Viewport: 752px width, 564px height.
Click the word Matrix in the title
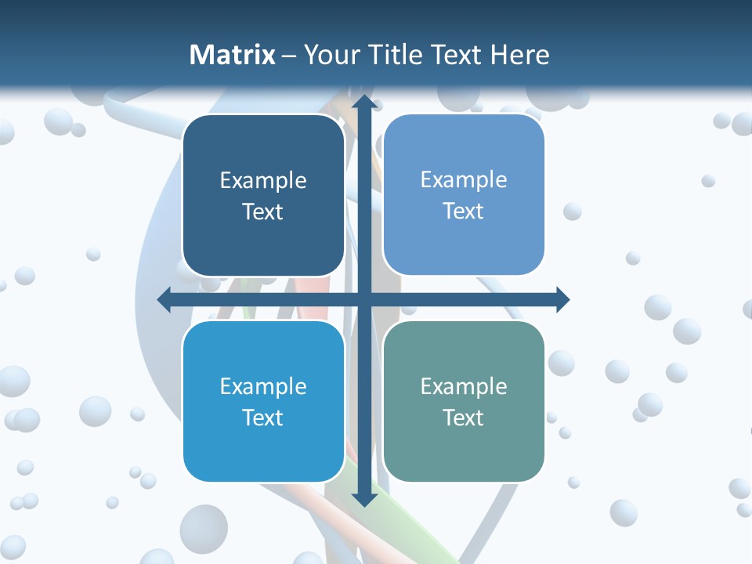(233, 55)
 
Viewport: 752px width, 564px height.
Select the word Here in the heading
(520, 55)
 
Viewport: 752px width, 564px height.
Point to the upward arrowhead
(364, 102)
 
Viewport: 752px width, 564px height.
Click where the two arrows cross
(364, 299)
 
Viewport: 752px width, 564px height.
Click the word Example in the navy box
(263, 181)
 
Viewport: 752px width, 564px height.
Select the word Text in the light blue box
(464, 211)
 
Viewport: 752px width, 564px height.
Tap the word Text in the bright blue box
(263, 418)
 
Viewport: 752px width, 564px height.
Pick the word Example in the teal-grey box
(464, 386)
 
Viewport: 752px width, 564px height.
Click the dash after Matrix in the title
(289, 56)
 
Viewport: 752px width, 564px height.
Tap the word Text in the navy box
(263, 212)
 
